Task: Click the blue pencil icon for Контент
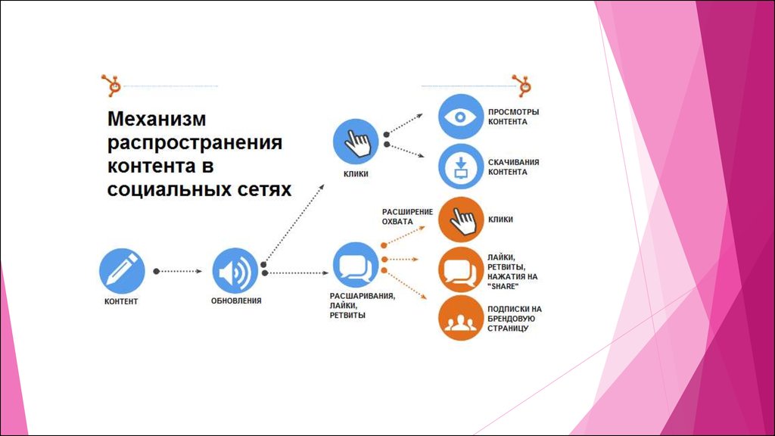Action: [x=122, y=271]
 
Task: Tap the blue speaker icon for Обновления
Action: [x=235, y=271]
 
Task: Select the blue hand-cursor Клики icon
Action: [x=356, y=142]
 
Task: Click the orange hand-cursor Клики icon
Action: [x=461, y=220]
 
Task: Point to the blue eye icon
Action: [x=461, y=117]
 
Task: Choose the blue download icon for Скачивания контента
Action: [x=461, y=167]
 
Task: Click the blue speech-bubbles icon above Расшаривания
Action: [x=356, y=266]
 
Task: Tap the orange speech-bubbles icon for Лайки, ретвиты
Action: [x=461, y=270]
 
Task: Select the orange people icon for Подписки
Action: [x=461, y=319]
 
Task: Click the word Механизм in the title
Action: [x=157, y=119]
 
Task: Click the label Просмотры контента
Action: [x=514, y=117]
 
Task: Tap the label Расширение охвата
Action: [x=407, y=216]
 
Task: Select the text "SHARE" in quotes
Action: [x=503, y=287]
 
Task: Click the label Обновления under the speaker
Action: [x=236, y=301]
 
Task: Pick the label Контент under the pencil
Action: [x=121, y=301]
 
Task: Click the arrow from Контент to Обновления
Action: [x=178, y=272]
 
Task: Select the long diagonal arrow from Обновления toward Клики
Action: [x=293, y=225]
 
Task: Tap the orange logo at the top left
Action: [x=112, y=86]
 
